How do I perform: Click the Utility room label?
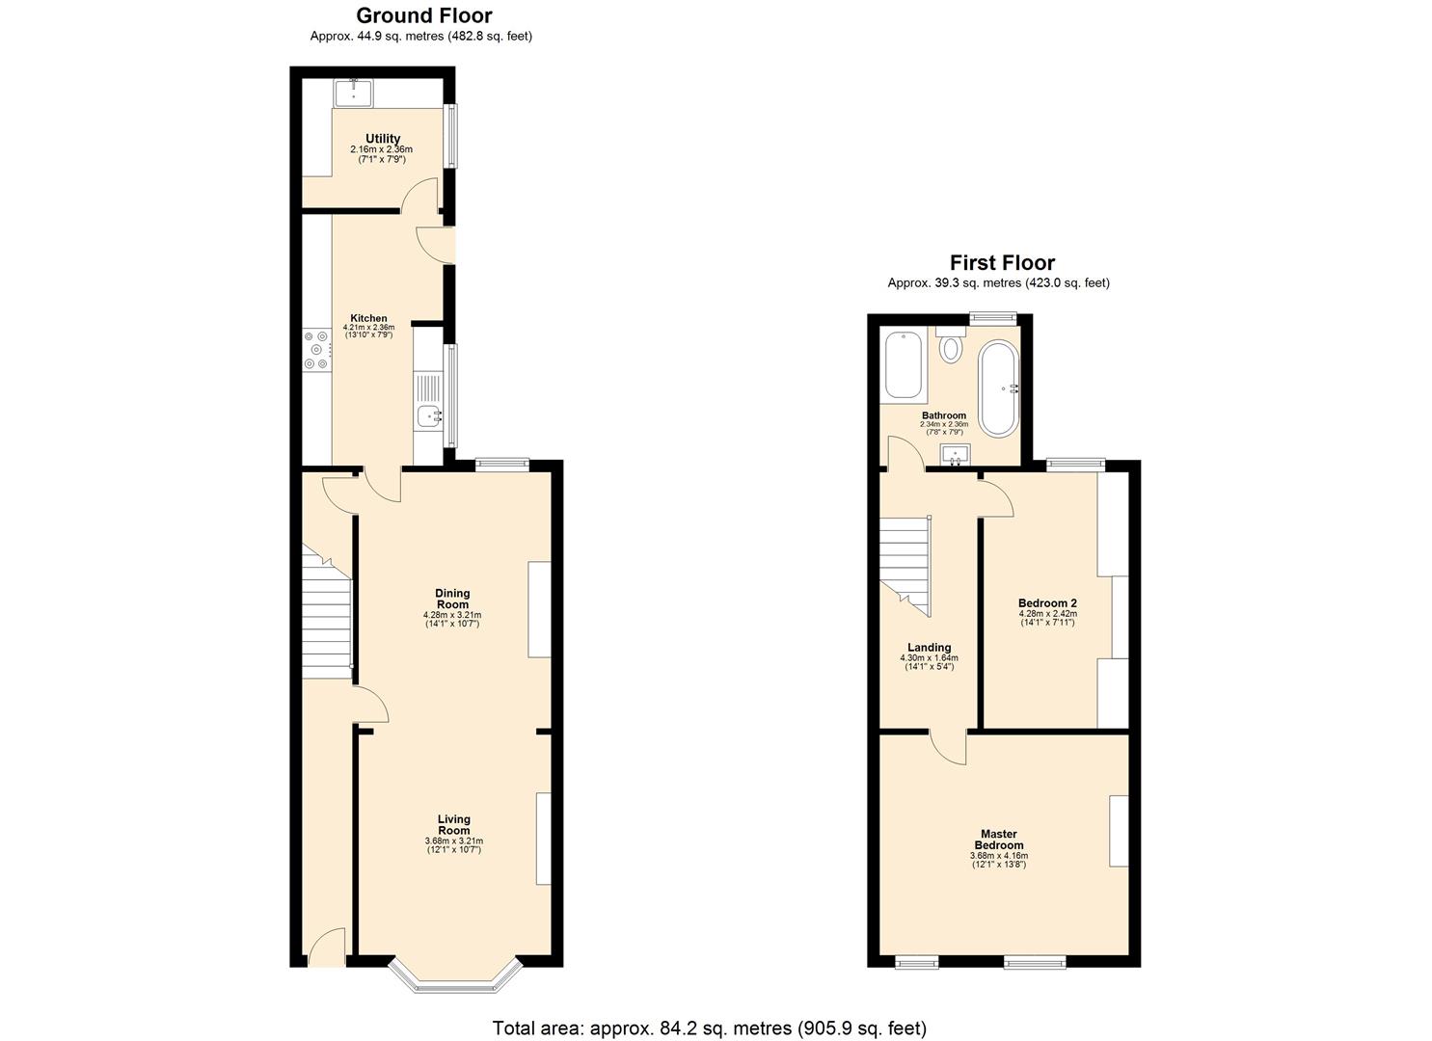click(x=382, y=139)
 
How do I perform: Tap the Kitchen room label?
click(x=368, y=318)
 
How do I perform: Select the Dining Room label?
click(x=452, y=599)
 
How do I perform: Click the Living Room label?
click(x=453, y=825)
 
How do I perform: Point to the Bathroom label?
click(x=943, y=415)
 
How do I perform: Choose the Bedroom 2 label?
click(x=1047, y=603)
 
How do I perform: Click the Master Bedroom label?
click(x=999, y=840)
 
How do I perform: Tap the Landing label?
click(x=929, y=648)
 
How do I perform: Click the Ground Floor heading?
click(x=423, y=15)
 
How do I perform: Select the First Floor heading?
click(x=1002, y=262)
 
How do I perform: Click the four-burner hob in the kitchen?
click(x=316, y=350)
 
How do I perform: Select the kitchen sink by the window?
click(x=427, y=416)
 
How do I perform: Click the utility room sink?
click(x=354, y=93)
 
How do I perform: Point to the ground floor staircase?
click(x=326, y=612)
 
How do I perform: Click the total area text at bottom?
click(x=709, y=1028)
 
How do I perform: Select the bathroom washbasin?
click(x=954, y=454)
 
